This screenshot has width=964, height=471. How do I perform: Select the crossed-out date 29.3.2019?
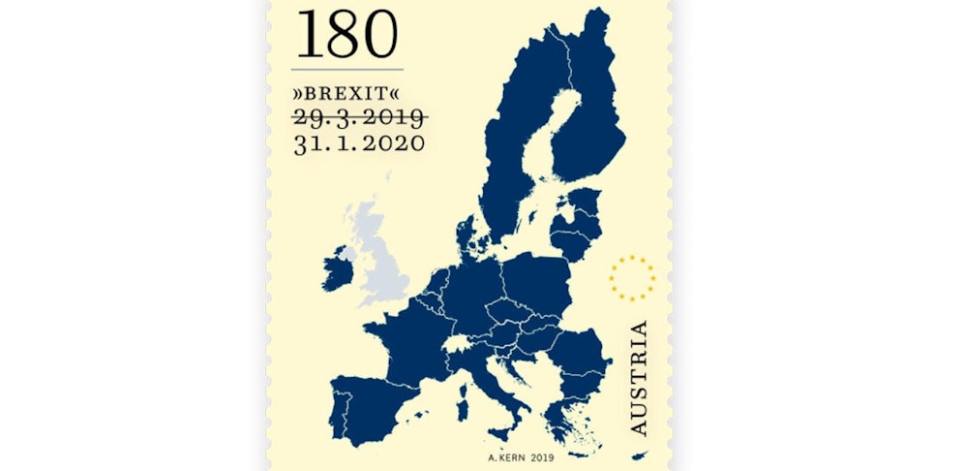point(359,118)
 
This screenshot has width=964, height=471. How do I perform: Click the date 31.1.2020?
point(358,143)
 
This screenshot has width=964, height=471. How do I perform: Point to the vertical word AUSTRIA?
point(639,378)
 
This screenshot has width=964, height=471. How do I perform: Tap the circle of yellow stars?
point(632,278)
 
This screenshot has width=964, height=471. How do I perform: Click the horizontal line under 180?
point(346,70)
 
